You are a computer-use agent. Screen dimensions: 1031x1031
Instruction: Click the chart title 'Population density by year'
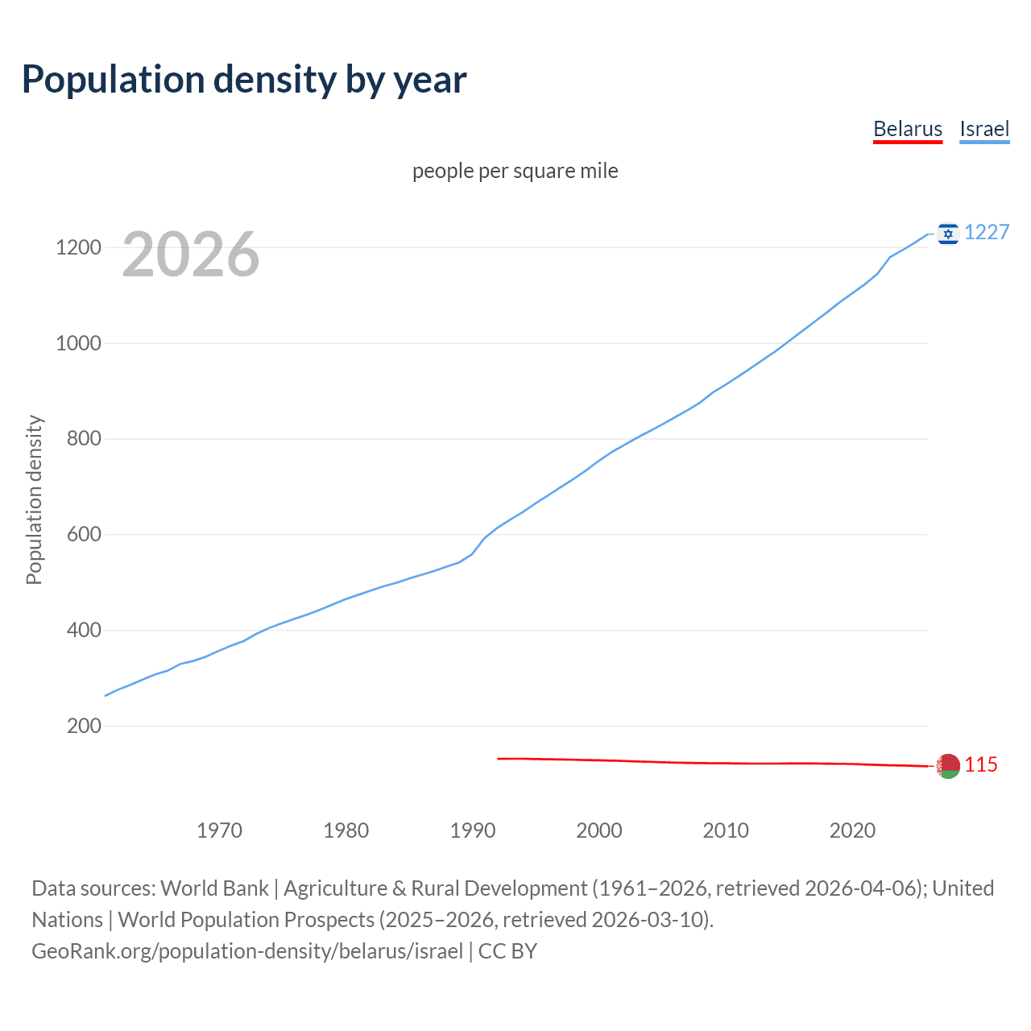click(244, 80)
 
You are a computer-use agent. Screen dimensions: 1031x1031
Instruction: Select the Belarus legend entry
click(907, 129)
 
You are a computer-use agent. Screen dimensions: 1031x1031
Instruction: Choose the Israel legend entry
click(983, 129)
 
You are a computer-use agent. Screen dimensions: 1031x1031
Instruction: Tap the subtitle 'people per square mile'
click(515, 171)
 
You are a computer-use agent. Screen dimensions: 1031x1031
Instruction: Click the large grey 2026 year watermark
click(191, 255)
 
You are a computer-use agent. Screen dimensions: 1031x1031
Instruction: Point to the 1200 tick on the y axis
click(78, 247)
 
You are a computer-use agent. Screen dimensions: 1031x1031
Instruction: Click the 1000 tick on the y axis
click(78, 343)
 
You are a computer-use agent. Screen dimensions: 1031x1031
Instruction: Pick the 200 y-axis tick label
click(84, 726)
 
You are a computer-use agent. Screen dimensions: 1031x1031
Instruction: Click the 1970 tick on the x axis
click(219, 830)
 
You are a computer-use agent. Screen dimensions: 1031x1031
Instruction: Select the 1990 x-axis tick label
click(473, 830)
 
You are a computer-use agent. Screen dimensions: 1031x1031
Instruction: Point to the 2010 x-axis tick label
click(726, 830)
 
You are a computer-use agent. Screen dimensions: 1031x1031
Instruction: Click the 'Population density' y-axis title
click(34, 499)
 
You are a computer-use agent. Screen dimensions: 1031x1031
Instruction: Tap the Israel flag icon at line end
click(948, 234)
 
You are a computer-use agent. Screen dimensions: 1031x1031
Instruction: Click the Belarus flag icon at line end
click(948, 766)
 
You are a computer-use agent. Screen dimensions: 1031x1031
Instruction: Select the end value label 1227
click(987, 233)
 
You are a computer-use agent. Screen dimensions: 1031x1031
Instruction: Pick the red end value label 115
click(981, 765)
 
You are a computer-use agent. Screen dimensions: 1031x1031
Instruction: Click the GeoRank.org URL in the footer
click(247, 951)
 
